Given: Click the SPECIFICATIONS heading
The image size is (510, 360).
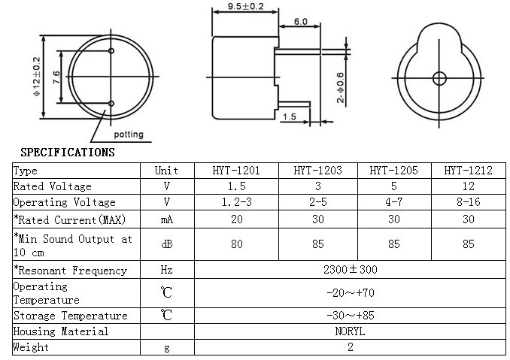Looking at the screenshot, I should pyautogui.click(x=67, y=153).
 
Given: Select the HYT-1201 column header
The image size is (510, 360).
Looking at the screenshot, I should pyautogui.click(x=236, y=171).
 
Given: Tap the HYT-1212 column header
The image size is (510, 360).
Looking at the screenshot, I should pyautogui.click(x=468, y=171).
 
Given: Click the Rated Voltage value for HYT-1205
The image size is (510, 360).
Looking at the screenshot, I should pyautogui.click(x=393, y=186).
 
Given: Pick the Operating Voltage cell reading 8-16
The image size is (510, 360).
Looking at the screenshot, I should pyautogui.click(x=468, y=202).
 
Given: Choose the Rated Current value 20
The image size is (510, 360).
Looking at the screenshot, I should pyautogui.click(x=236, y=219).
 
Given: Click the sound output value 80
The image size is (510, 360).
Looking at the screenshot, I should pyautogui.click(x=236, y=244).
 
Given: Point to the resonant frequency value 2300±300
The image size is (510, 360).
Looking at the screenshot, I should pyautogui.click(x=351, y=270).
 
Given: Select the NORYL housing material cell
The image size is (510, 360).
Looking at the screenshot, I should pyautogui.click(x=351, y=331).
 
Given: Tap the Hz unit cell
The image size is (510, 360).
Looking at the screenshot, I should pyautogui.click(x=167, y=270).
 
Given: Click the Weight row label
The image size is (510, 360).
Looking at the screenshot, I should pyautogui.click(x=32, y=347).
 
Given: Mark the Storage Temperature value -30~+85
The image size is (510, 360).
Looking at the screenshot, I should pyautogui.click(x=351, y=316).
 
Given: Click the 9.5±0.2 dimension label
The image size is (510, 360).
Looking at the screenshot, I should pyautogui.click(x=245, y=8).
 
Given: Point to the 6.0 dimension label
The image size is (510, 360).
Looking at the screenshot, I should pyautogui.click(x=301, y=22).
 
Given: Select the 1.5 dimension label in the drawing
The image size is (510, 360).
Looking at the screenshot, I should pyautogui.click(x=290, y=116).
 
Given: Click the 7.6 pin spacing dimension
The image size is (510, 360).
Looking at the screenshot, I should pyautogui.click(x=56, y=77).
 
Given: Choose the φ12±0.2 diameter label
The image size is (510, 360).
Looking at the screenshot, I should pyautogui.click(x=36, y=76).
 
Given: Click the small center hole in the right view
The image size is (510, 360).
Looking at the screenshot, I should pyautogui.click(x=439, y=78).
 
